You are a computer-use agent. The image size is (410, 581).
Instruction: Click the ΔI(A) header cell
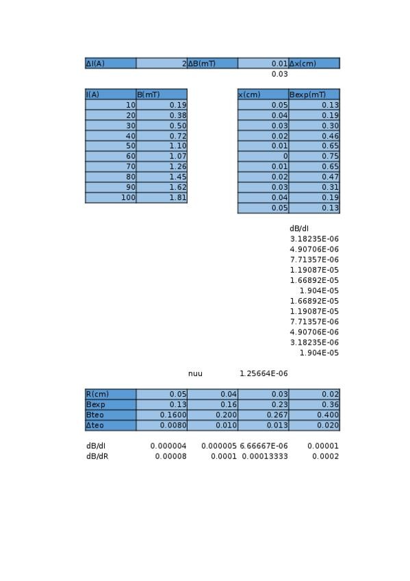(110, 64)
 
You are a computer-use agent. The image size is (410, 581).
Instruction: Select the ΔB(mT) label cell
(212, 64)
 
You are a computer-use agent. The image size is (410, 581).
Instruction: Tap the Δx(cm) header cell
(313, 64)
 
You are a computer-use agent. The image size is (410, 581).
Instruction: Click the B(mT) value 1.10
(162, 146)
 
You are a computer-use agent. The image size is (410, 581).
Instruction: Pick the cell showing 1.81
(162, 197)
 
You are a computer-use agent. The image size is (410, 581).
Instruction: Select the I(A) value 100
(111, 197)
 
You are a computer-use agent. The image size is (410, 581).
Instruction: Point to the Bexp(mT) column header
(313, 95)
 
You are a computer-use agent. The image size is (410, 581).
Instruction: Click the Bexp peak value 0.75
(313, 156)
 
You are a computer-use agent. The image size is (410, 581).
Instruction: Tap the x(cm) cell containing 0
(263, 156)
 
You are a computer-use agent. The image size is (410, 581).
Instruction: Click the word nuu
(195, 373)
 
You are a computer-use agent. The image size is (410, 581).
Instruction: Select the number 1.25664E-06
(264, 373)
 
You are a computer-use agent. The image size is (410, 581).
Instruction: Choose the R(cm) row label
(110, 394)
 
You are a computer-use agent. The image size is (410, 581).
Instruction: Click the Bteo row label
(110, 415)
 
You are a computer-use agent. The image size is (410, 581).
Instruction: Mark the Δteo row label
(110, 425)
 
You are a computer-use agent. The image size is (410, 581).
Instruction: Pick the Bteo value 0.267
(263, 415)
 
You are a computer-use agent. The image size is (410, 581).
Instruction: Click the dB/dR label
(97, 456)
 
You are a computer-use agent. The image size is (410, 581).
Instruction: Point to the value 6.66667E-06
(264, 446)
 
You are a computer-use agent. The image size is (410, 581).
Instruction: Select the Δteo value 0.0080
(162, 425)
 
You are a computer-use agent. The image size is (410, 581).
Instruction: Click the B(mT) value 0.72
(162, 136)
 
